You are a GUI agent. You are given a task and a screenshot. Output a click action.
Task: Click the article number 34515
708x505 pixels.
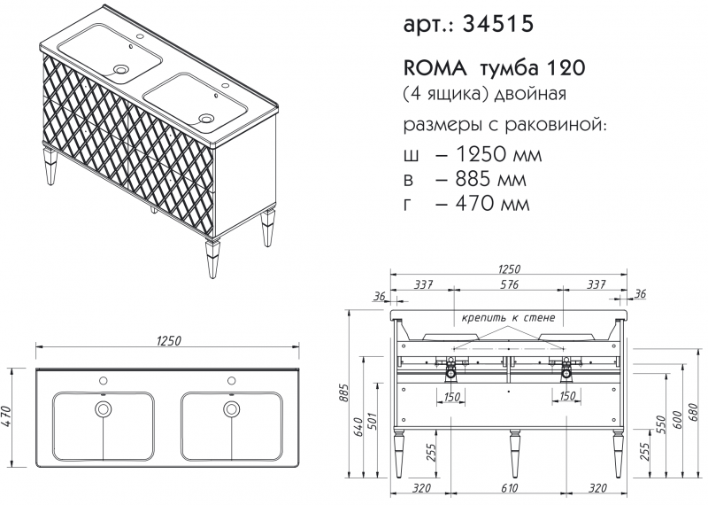[498, 24]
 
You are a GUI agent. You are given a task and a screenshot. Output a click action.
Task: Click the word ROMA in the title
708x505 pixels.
[435, 68]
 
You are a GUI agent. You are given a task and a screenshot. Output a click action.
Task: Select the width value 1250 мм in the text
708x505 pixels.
[498, 155]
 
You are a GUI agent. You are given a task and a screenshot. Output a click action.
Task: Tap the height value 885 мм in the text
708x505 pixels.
[491, 179]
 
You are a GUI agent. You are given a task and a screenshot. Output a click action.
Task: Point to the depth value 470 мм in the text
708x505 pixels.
[492, 204]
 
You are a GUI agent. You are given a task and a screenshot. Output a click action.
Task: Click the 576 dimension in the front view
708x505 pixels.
[509, 284]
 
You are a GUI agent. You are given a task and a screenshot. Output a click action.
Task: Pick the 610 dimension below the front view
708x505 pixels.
[510, 488]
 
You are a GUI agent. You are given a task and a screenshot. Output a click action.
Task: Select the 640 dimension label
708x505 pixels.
[357, 427]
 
